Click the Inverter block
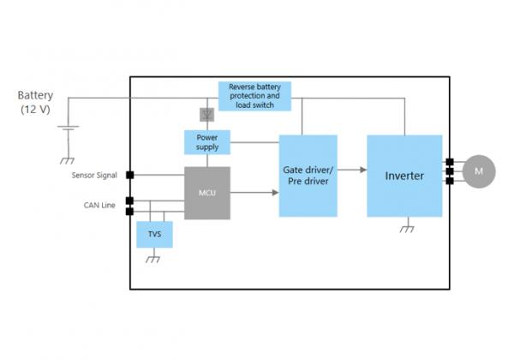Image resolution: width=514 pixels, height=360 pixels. [404, 176]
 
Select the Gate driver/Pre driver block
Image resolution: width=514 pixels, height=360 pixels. [308, 176]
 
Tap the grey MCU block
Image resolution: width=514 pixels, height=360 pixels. [206, 192]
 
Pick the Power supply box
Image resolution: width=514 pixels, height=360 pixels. [206, 141]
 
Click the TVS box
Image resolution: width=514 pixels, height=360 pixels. [154, 233]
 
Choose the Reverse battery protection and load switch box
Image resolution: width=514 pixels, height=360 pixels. [254, 96]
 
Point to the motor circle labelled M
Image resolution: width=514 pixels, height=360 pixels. [479, 171]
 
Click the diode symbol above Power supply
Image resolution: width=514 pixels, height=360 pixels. [206, 114]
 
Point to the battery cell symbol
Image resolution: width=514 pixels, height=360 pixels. [68, 129]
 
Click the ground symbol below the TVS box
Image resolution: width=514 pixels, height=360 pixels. [153, 259]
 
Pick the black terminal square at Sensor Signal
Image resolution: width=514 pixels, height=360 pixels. [130, 175]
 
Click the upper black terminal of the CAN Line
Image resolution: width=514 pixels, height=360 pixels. [130, 201]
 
